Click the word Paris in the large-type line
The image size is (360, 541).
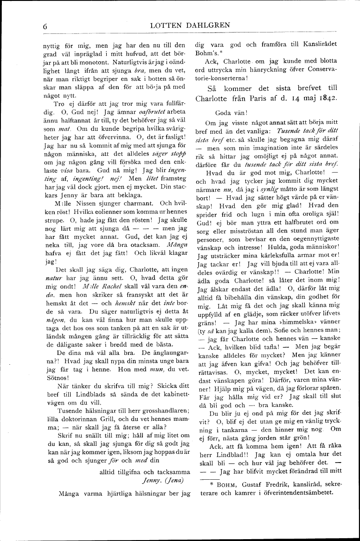point(262,98)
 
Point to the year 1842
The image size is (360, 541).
point(326,98)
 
